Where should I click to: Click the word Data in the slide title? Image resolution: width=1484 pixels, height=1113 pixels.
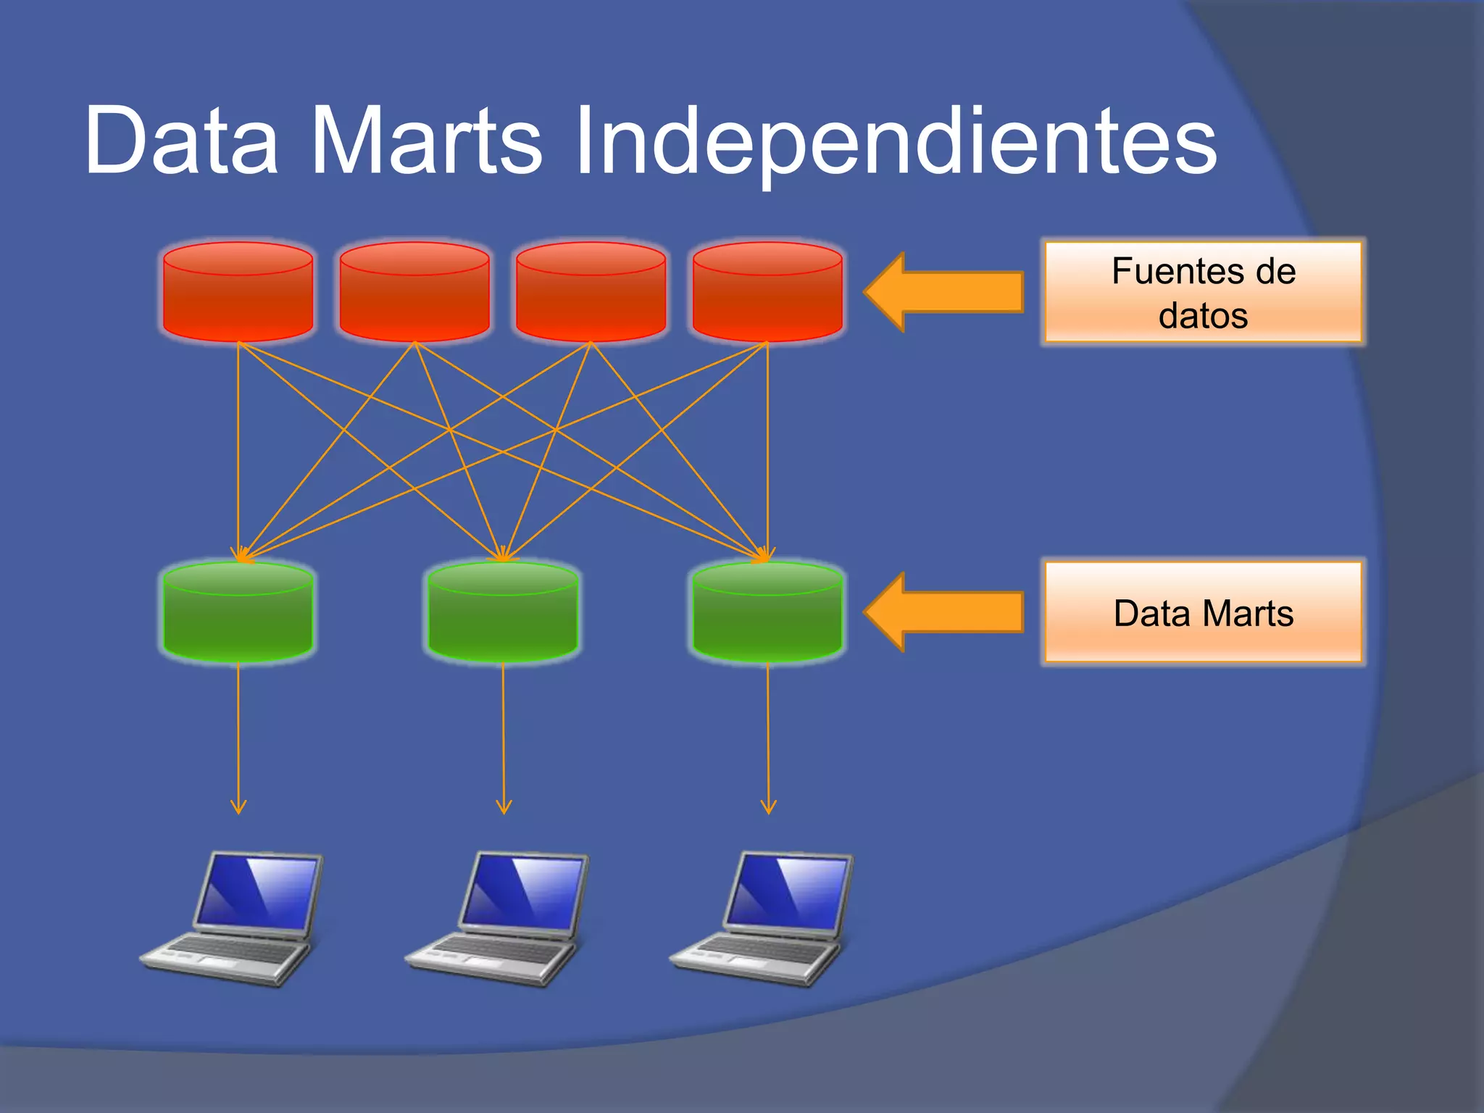point(181,141)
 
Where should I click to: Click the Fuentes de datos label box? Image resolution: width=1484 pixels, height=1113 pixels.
point(1203,292)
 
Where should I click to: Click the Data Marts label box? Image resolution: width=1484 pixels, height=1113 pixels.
point(1203,613)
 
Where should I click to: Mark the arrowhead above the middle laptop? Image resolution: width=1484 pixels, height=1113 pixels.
point(504,807)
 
